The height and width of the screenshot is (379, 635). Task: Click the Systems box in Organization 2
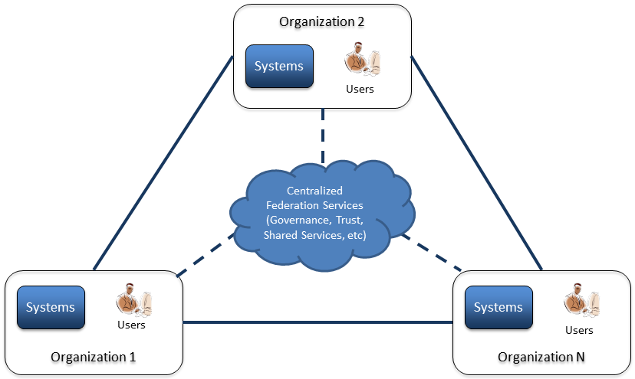279,66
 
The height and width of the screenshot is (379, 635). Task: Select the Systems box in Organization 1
51,307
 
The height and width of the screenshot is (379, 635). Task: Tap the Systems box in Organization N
498,307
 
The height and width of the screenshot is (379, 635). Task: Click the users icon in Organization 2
361,61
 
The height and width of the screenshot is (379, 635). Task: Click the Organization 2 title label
321,21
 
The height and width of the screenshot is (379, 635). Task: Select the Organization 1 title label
93,357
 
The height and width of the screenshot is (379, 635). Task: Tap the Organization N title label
541,357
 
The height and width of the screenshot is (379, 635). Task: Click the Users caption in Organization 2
360,89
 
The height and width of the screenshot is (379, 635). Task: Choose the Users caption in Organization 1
131,325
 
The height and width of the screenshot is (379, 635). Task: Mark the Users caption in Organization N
579,330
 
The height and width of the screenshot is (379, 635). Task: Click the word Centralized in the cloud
314,190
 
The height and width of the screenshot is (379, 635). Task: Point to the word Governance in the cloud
301,221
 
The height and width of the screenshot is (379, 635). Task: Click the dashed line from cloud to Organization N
433,254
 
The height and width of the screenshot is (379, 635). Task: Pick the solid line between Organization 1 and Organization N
317,322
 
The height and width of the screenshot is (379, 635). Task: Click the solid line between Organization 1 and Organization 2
163,162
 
